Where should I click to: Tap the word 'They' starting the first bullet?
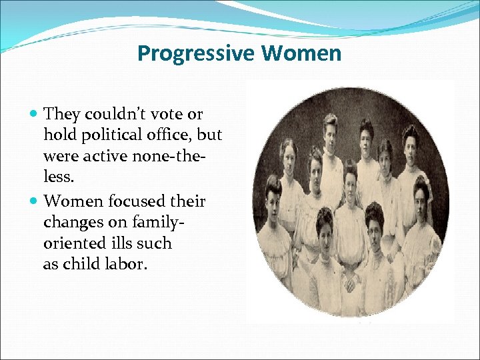[59, 115]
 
